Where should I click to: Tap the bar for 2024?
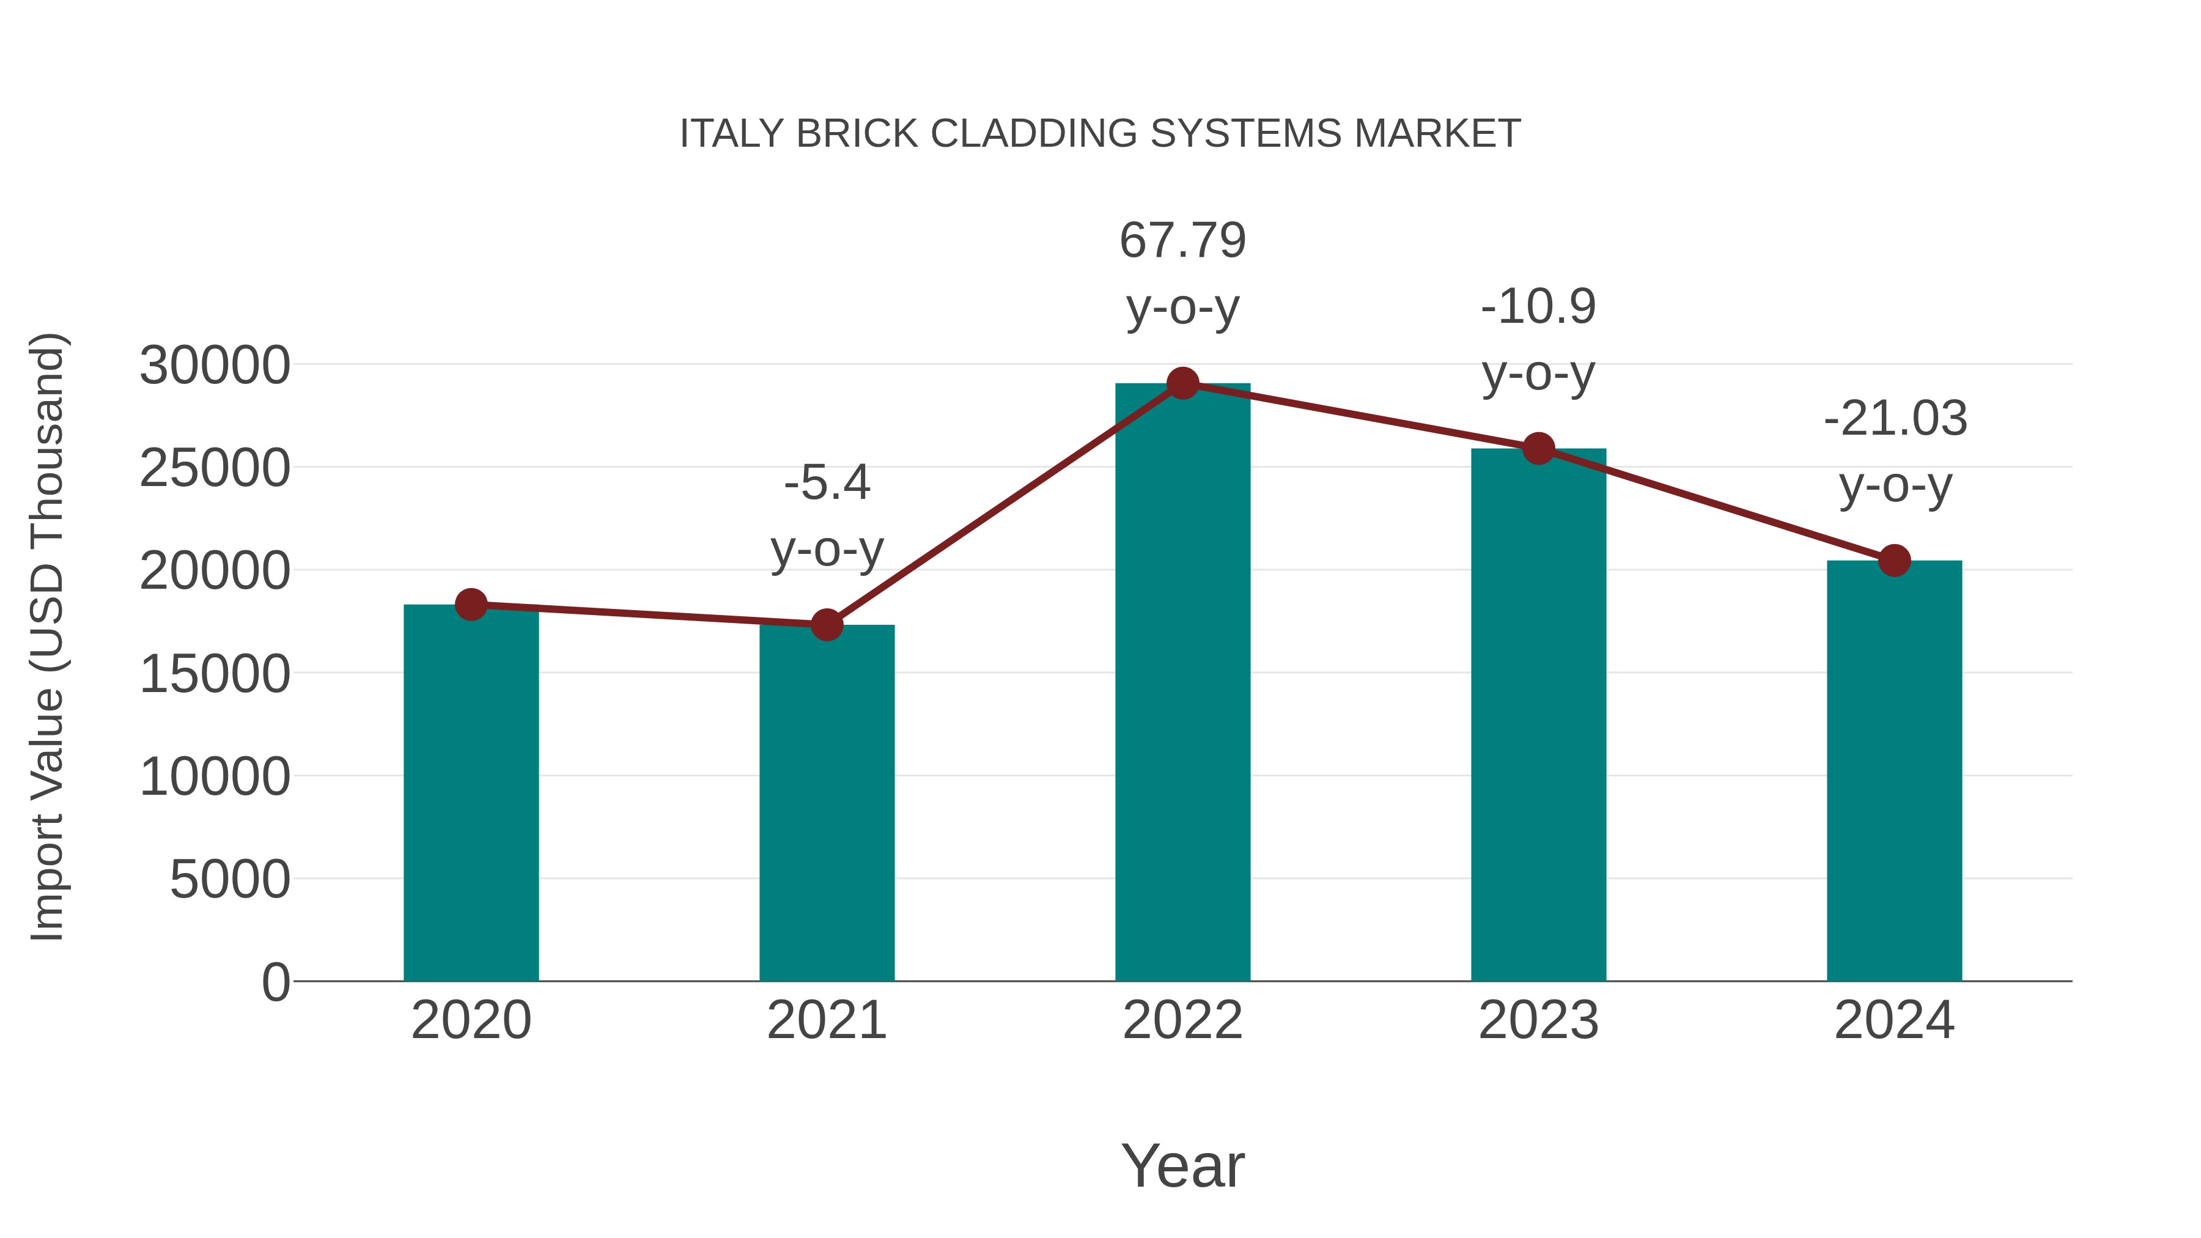click(x=1894, y=770)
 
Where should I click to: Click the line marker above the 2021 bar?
click(x=826, y=625)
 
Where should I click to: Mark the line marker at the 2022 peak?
click(x=1182, y=383)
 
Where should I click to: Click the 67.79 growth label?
click(x=1182, y=240)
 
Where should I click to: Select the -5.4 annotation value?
click(x=826, y=483)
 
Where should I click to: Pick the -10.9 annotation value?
click(x=1538, y=307)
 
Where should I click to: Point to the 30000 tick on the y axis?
click(x=215, y=366)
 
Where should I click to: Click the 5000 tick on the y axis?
click(x=230, y=879)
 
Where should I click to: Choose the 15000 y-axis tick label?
click(x=215, y=674)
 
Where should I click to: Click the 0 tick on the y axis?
click(x=275, y=982)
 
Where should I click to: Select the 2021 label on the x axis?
click(x=826, y=1020)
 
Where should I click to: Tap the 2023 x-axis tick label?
click(x=1538, y=1020)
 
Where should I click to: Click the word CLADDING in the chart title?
click(x=1034, y=134)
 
